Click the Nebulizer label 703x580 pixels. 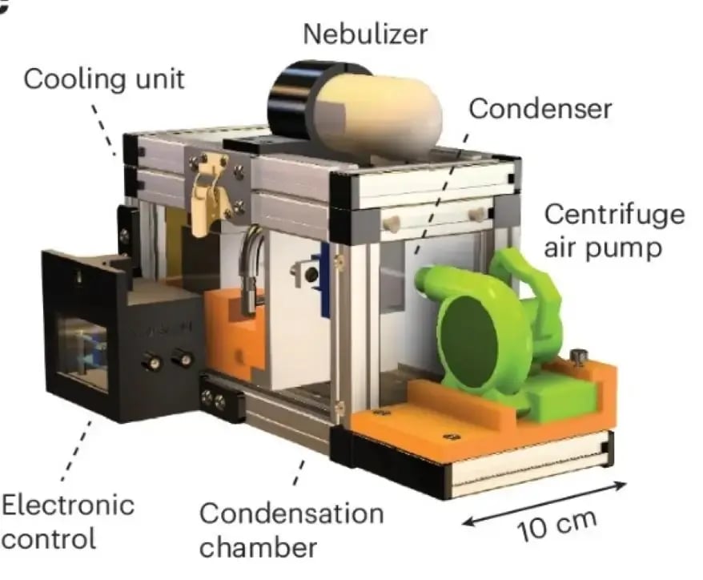(364, 34)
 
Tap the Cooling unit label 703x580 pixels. (104, 79)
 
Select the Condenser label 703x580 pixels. (540, 109)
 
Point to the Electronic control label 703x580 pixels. (67, 521)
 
